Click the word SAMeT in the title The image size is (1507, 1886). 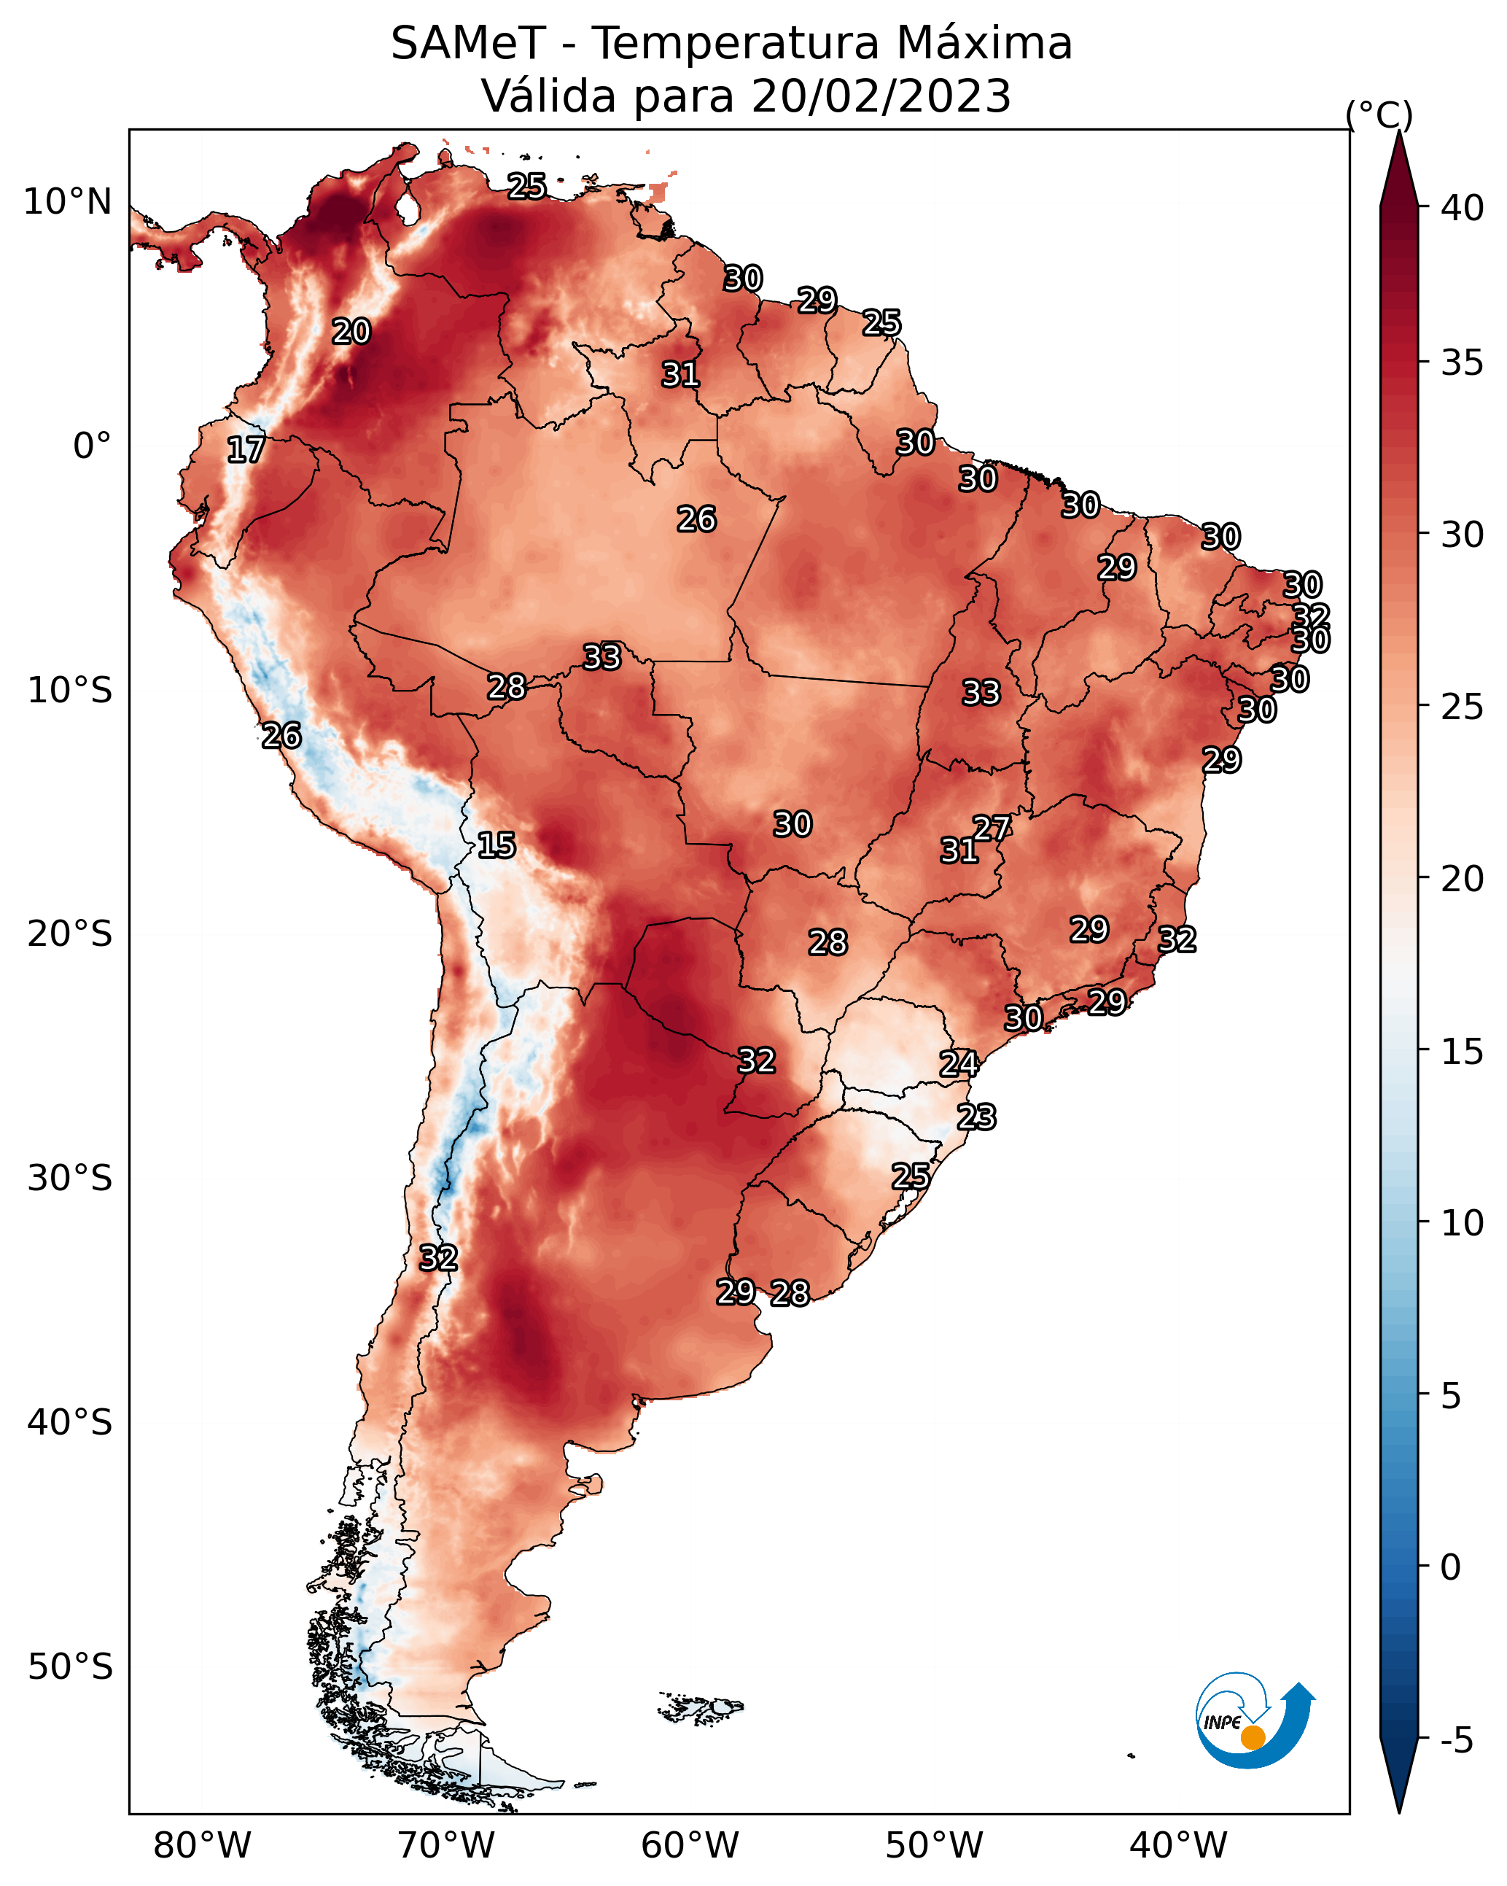(x=468, y=44)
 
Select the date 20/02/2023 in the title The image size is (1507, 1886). (x=881, y=96)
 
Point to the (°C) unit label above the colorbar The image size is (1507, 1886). (x=1379, y=115)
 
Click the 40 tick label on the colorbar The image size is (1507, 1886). (x=1462, y=208)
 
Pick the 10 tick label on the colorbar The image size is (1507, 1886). (x=1462, y=1223)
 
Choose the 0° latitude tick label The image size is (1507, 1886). (x=93, y=446)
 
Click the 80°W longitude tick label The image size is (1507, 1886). (x=203, y=1846)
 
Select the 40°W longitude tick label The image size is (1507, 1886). (x=1179, y=1846)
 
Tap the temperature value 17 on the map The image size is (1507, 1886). (x=246, y=450)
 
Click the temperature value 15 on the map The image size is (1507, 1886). (x=497, y=845)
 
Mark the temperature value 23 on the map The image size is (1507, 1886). (x=976, y=1117)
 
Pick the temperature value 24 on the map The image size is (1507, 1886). (x=959, y=1064)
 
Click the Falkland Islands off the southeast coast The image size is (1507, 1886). (x=701, y=1707)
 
